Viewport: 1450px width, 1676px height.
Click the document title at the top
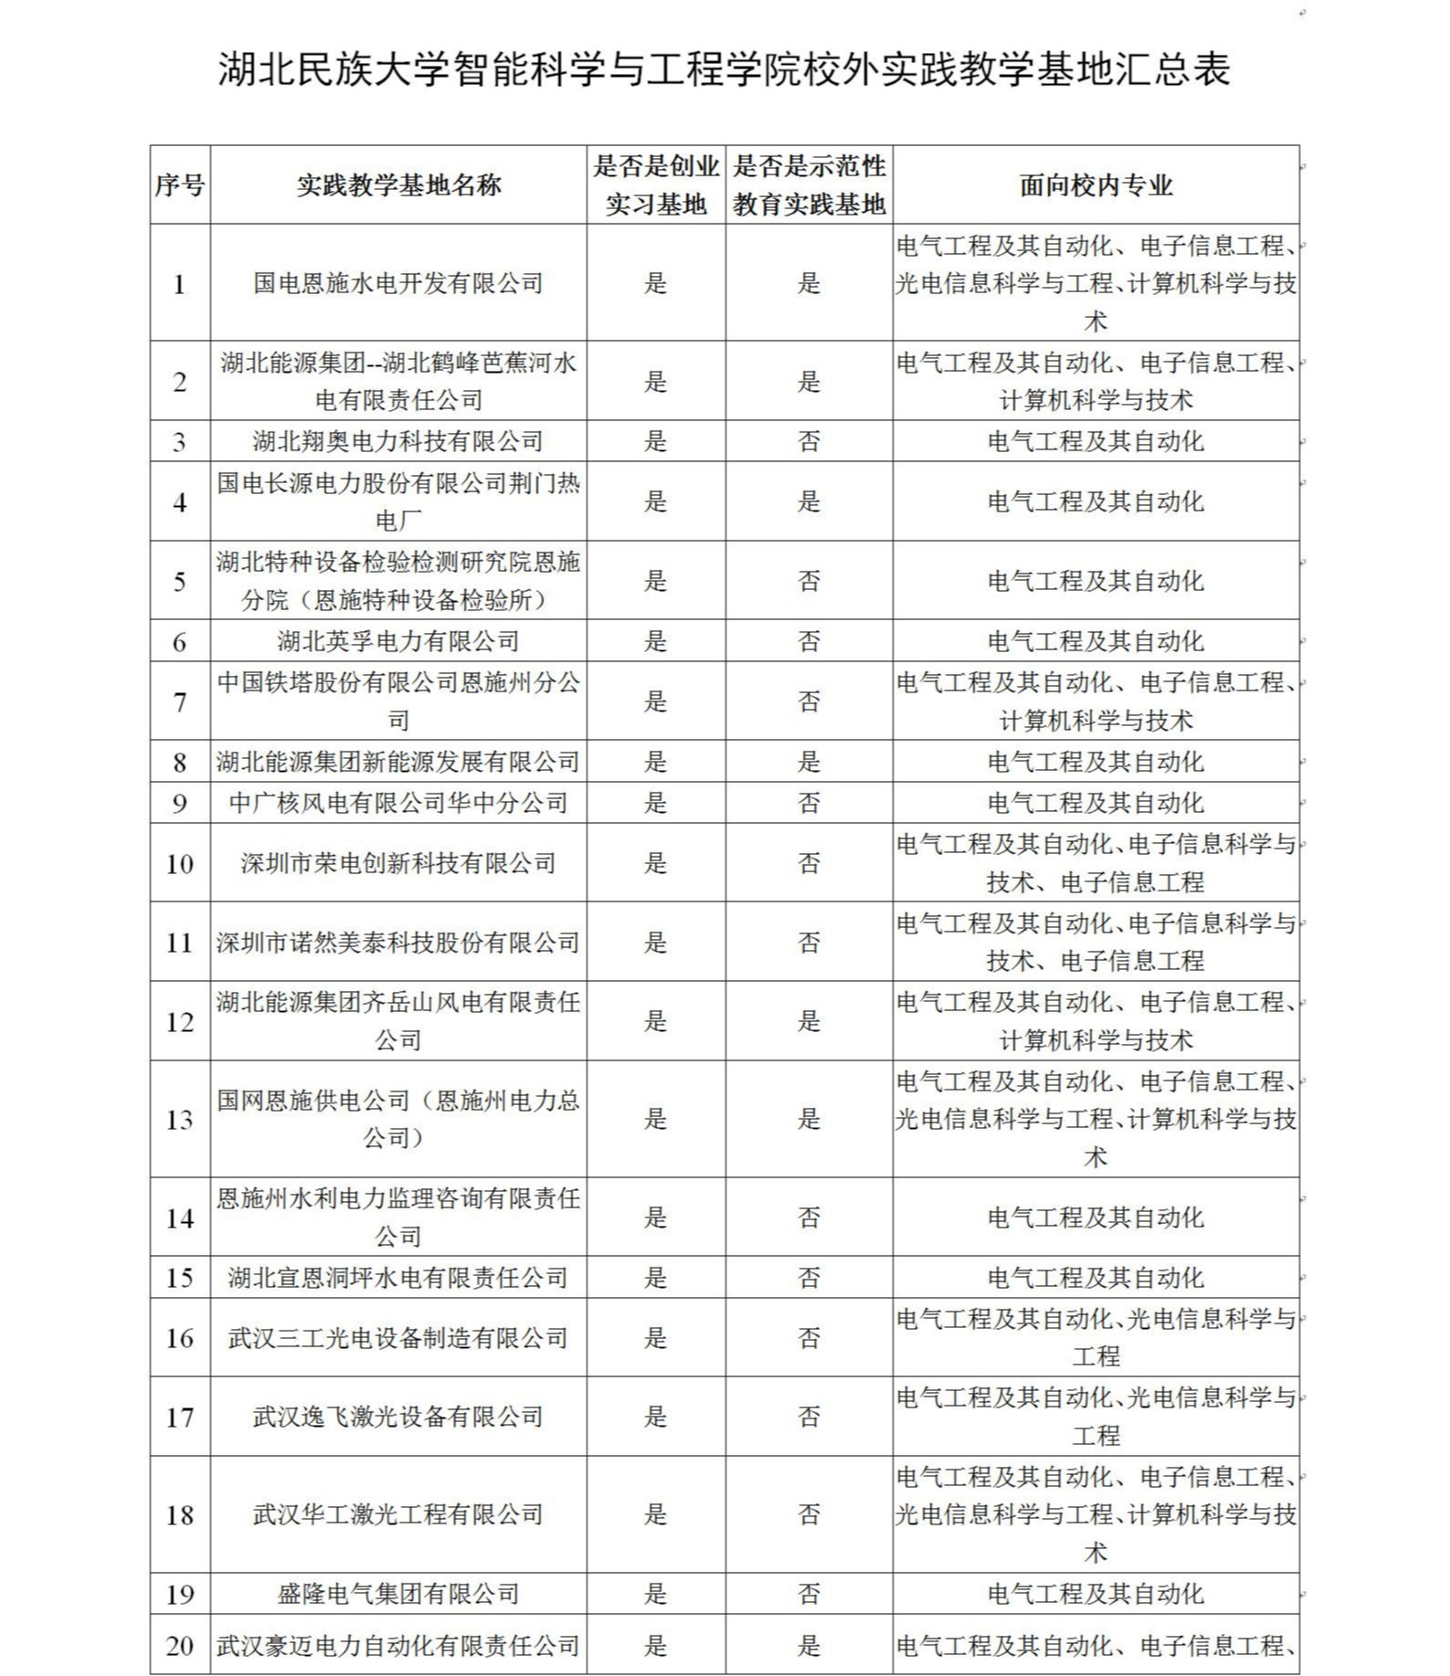(x=724, y=69)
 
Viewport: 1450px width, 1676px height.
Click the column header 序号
(x=179, y=185)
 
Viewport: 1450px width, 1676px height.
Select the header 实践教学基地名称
(x=398, y=185)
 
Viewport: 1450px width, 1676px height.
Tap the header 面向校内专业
(x=1095, y=185)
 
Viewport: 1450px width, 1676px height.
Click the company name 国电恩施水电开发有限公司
(x=398, y=283)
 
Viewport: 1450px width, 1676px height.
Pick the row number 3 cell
(x=179, y=442)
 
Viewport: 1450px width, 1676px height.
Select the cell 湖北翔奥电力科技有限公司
(x=398, y=441)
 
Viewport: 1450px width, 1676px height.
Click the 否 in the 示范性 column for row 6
(x=809, y=641)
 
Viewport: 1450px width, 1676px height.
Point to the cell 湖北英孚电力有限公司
(x=398, y=641)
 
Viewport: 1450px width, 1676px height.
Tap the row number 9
(x=179, y=804)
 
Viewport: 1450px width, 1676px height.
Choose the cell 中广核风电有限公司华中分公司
(x=398, y=803)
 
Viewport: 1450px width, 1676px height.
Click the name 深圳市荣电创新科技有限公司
(x=398, y=863)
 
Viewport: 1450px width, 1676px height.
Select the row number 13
(x=179, y=1120)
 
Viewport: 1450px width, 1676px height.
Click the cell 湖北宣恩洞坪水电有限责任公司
(x=398, y=1278)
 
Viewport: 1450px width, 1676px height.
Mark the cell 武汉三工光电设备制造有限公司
(x=398, y=1338)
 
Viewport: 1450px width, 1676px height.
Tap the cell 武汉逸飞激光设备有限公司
(x=398, y=1417)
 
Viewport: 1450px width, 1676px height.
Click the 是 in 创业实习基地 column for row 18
(x=655, y=1514)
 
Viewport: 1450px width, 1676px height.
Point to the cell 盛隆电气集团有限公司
(x=398, y=1594)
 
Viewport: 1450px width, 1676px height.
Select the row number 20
(x=179, y=1646)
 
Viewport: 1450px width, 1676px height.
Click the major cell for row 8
(x=1095, y=762)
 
